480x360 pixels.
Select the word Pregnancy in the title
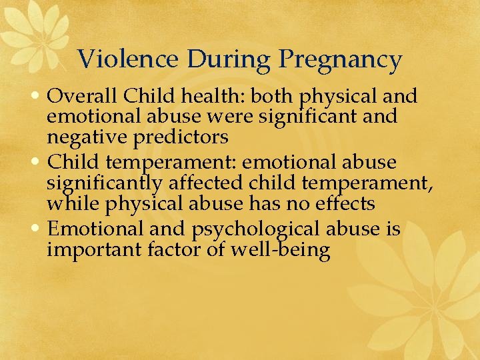point(341,61)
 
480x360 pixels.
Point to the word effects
point(342,203)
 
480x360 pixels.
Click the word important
point(93,251)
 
